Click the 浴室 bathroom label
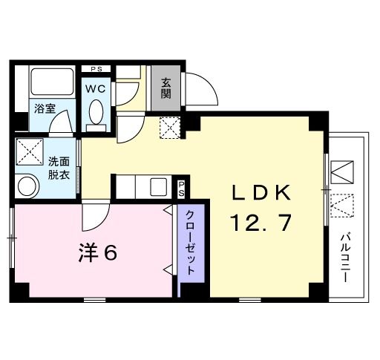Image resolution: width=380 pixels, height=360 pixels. [44, 108]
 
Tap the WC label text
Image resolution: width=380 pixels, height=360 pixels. [96, 88]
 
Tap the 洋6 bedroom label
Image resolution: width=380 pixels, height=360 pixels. [98, 254]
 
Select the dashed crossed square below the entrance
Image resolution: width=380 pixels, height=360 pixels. [170, 127]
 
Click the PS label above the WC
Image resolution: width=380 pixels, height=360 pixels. [96, 69]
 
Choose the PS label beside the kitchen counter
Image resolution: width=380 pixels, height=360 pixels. [181, 187]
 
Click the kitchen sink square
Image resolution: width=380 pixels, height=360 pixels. [158, 186]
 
